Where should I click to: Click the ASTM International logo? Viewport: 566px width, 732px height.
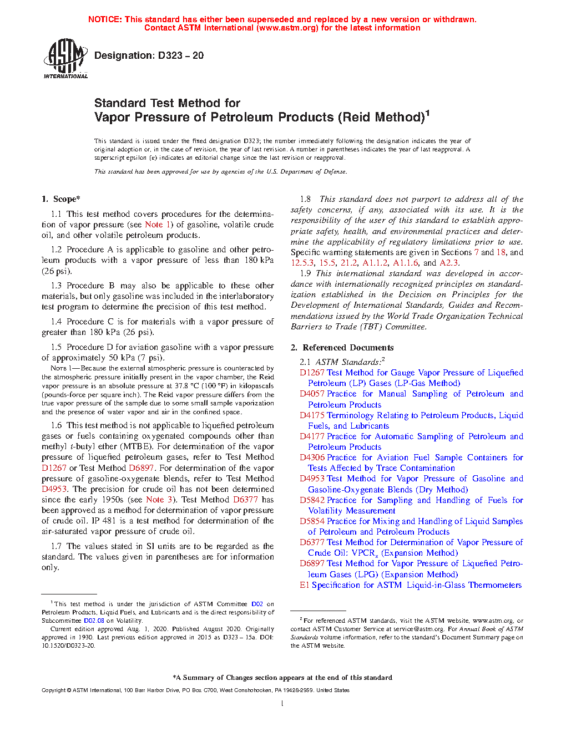pyautogui.click(x=65, y=58)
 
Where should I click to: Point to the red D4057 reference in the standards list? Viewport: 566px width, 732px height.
pyautogui.click(x=312, y=394)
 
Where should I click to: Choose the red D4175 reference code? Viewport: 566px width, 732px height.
pyautogui.click(x=312, y=415)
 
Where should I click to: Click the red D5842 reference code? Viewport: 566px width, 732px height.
pyautogui.click(x=312, y=500)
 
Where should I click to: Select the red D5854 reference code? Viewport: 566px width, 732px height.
pyautogui.click(x=312, y=521)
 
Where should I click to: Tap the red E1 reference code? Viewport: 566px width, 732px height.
pyautogui.click(x=305, y=585)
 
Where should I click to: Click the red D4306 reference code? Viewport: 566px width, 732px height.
pyautogui.click(x=312, y=457)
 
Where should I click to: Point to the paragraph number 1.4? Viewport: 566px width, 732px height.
pyautogui.click(x=56, y=322)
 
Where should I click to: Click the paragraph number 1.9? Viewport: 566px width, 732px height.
pyautogui.click(x=305, y=273)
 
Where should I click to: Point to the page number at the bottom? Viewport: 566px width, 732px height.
pyautogui.click(x=282, y=704)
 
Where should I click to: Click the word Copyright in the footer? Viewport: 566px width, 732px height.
pyautogui.click(x=53, y=690)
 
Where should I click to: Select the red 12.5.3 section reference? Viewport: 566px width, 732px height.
pyautogui.click(x=302, y=263)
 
